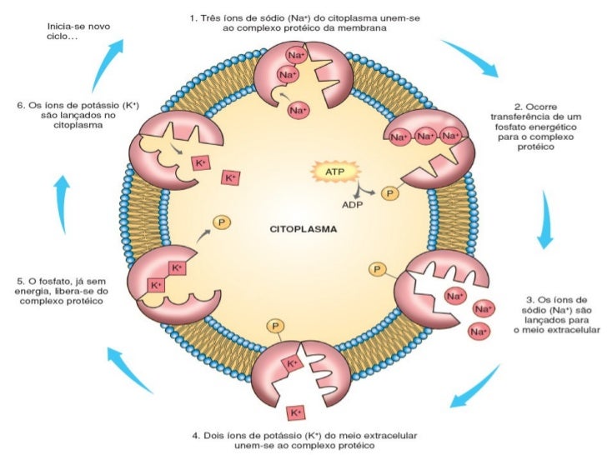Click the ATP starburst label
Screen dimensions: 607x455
point(335,171)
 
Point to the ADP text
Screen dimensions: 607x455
point(352,204)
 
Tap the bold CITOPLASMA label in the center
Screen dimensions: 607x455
point(303,229)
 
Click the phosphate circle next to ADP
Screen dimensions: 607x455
point(390,193)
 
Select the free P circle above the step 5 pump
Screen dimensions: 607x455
point(222,222)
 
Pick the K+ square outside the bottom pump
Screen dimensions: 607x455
point(296,412)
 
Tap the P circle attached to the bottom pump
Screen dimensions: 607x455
point(275,326)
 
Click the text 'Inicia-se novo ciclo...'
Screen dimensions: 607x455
point(78,32)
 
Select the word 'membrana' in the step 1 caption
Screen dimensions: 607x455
point(364,27)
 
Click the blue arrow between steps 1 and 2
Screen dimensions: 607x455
point(469,58)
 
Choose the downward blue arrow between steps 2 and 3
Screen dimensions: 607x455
point(545,219)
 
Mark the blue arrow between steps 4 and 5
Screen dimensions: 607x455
point(130,370)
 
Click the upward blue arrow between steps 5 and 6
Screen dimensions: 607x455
point(62,204)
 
